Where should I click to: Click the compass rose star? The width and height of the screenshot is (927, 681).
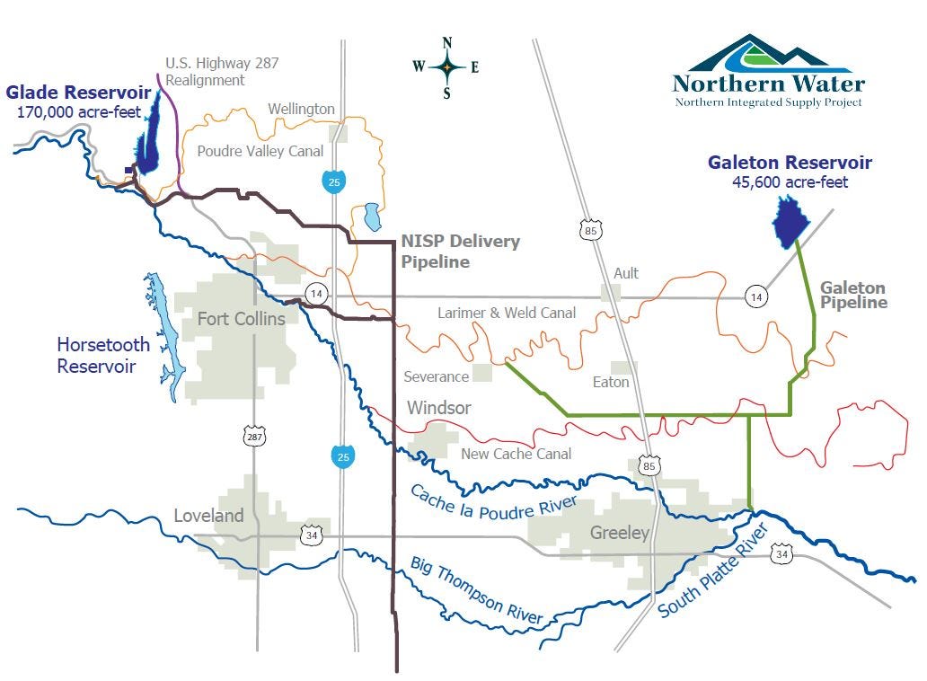click(x=446, y=66)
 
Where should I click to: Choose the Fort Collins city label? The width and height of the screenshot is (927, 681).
click(x=241, y=319)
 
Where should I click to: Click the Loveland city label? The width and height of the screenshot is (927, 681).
click(x=208, y=516)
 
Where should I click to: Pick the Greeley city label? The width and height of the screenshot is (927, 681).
click(x=619, y=533)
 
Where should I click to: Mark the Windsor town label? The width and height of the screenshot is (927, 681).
click(x=438, y=408)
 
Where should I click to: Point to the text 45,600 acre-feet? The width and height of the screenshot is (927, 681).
click(x=789, y=182)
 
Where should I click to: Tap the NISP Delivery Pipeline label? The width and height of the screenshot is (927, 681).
click(x=459, y=252)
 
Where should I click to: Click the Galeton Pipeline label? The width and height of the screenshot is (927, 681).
click(x=852, y=296)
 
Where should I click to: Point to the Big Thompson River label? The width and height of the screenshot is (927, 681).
click(x=476, y=589)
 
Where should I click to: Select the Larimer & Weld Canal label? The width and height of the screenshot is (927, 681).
click(x=507, y=313)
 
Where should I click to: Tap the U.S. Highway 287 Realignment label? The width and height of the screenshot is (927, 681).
click(x=222, y=71)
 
